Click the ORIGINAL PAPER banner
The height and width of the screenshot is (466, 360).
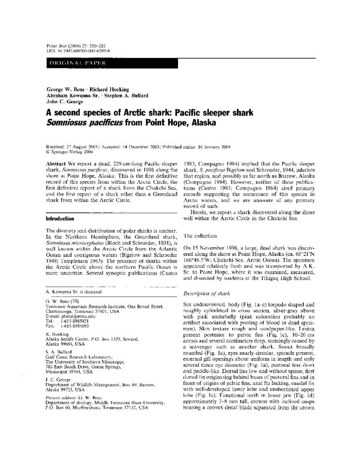pyautogui.click(x=77, y=63)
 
